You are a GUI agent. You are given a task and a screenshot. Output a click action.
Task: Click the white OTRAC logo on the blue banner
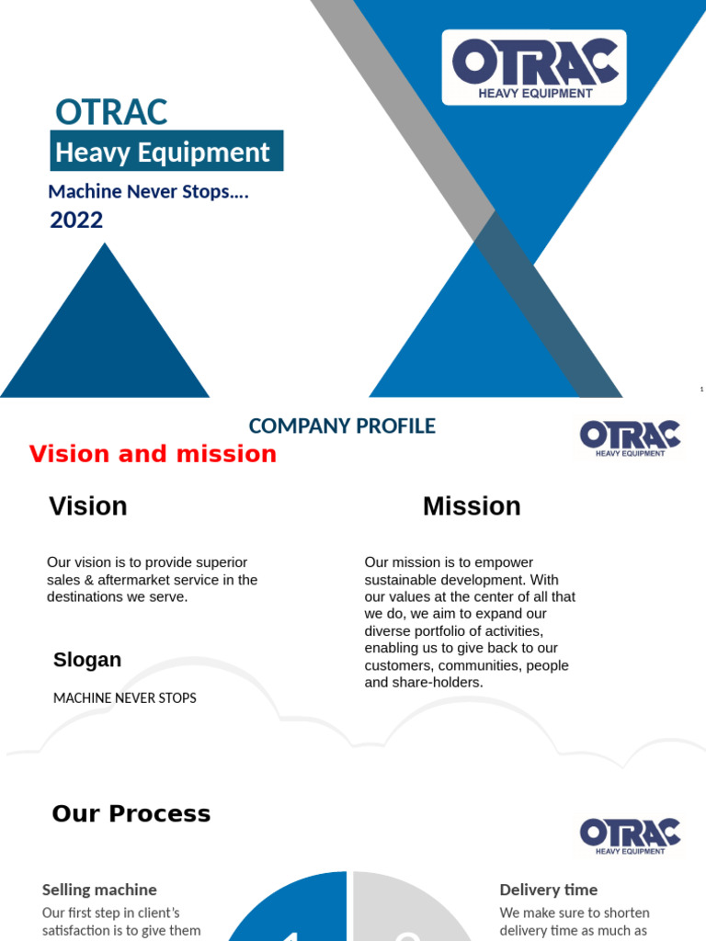[534, 67]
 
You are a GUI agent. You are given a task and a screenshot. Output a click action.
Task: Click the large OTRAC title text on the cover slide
[111, 112]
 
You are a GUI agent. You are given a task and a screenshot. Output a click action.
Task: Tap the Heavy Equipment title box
[166, 152]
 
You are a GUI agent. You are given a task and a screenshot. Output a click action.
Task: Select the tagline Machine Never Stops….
[149, 192]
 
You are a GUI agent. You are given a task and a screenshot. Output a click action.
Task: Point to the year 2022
[76, 221]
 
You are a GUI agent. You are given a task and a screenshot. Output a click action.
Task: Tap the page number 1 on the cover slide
[701, 390]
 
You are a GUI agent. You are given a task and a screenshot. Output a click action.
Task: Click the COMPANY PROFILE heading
[342, 426]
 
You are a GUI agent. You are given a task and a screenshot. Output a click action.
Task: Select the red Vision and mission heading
[153, 454]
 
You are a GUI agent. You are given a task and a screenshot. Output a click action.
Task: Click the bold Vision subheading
[88, 506]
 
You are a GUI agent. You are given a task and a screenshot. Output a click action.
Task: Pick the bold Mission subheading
[472, 506]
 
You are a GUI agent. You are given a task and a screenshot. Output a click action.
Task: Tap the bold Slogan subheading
[87, 660]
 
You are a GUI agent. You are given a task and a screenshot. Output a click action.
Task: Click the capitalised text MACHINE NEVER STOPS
[125, 698]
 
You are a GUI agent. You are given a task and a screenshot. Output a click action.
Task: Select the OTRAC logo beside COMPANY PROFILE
[631, 437]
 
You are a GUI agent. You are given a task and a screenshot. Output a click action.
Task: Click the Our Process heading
[131, 814]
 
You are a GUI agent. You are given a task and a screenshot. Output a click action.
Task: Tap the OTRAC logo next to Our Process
[631, 835]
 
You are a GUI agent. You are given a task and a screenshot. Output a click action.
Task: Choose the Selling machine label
[99, 890]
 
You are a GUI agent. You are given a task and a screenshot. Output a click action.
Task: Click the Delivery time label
[549, 890]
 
